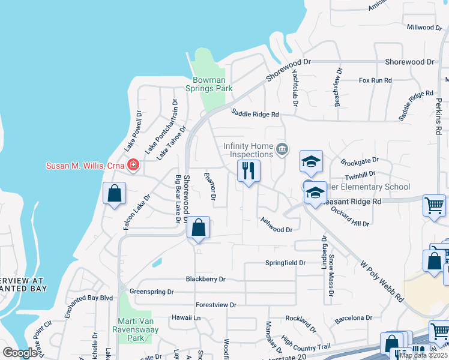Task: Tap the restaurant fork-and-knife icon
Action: click(x=249, y=171)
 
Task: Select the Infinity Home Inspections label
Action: click(x=249, y=149)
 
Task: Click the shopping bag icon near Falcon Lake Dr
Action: click(x=114, y=194)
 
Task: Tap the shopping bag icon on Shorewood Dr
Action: click(x=198, y=228)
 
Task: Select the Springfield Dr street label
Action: click(x=286, y=263)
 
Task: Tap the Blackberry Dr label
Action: click(x=205, y=279)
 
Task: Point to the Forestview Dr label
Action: click(x=215, y=305)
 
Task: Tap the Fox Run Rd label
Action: click(x=375, y=80)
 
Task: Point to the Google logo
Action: click(x=20, y=353)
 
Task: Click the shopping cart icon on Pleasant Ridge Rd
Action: click(x=433, y=206)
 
